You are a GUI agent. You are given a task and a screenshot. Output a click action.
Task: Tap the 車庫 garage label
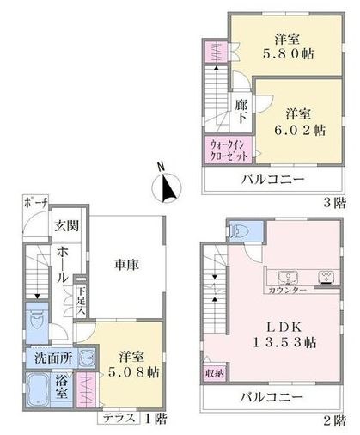point(127,265)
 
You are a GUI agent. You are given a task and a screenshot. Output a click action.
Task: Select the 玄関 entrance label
point(67,226)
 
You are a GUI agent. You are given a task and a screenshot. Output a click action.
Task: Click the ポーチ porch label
point(36,203)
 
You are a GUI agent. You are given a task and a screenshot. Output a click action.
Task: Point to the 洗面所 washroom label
point(53,358)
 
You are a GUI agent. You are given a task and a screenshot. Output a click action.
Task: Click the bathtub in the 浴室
point(38,390)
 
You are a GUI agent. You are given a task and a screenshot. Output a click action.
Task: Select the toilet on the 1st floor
point(37,323)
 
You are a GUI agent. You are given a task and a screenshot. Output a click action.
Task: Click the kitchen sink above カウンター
point(288,278)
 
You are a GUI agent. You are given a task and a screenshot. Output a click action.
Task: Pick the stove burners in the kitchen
point(326,278)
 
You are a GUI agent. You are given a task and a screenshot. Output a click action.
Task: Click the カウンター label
point(288,290)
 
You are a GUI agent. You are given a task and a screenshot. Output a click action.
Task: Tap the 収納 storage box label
point(215,373)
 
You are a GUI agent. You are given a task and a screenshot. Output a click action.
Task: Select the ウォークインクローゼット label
point(229,150)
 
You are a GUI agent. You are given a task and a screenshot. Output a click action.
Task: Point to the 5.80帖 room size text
point(289,53)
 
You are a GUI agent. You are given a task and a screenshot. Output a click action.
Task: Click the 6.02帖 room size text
point(300,131)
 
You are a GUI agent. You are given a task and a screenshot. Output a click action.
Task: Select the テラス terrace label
point(119,418)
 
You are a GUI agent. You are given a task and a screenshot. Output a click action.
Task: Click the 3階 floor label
point(334,203)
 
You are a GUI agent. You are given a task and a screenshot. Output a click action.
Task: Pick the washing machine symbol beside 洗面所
point(87,358)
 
